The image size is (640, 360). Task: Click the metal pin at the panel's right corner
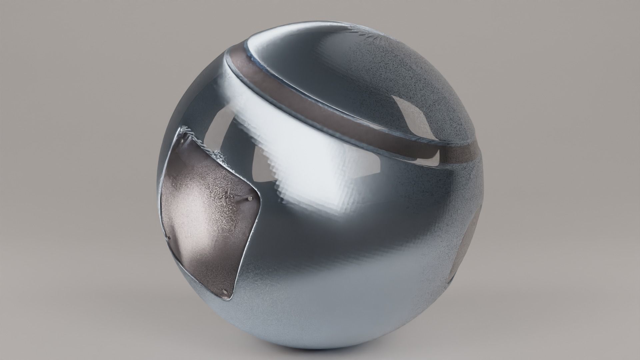250,199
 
